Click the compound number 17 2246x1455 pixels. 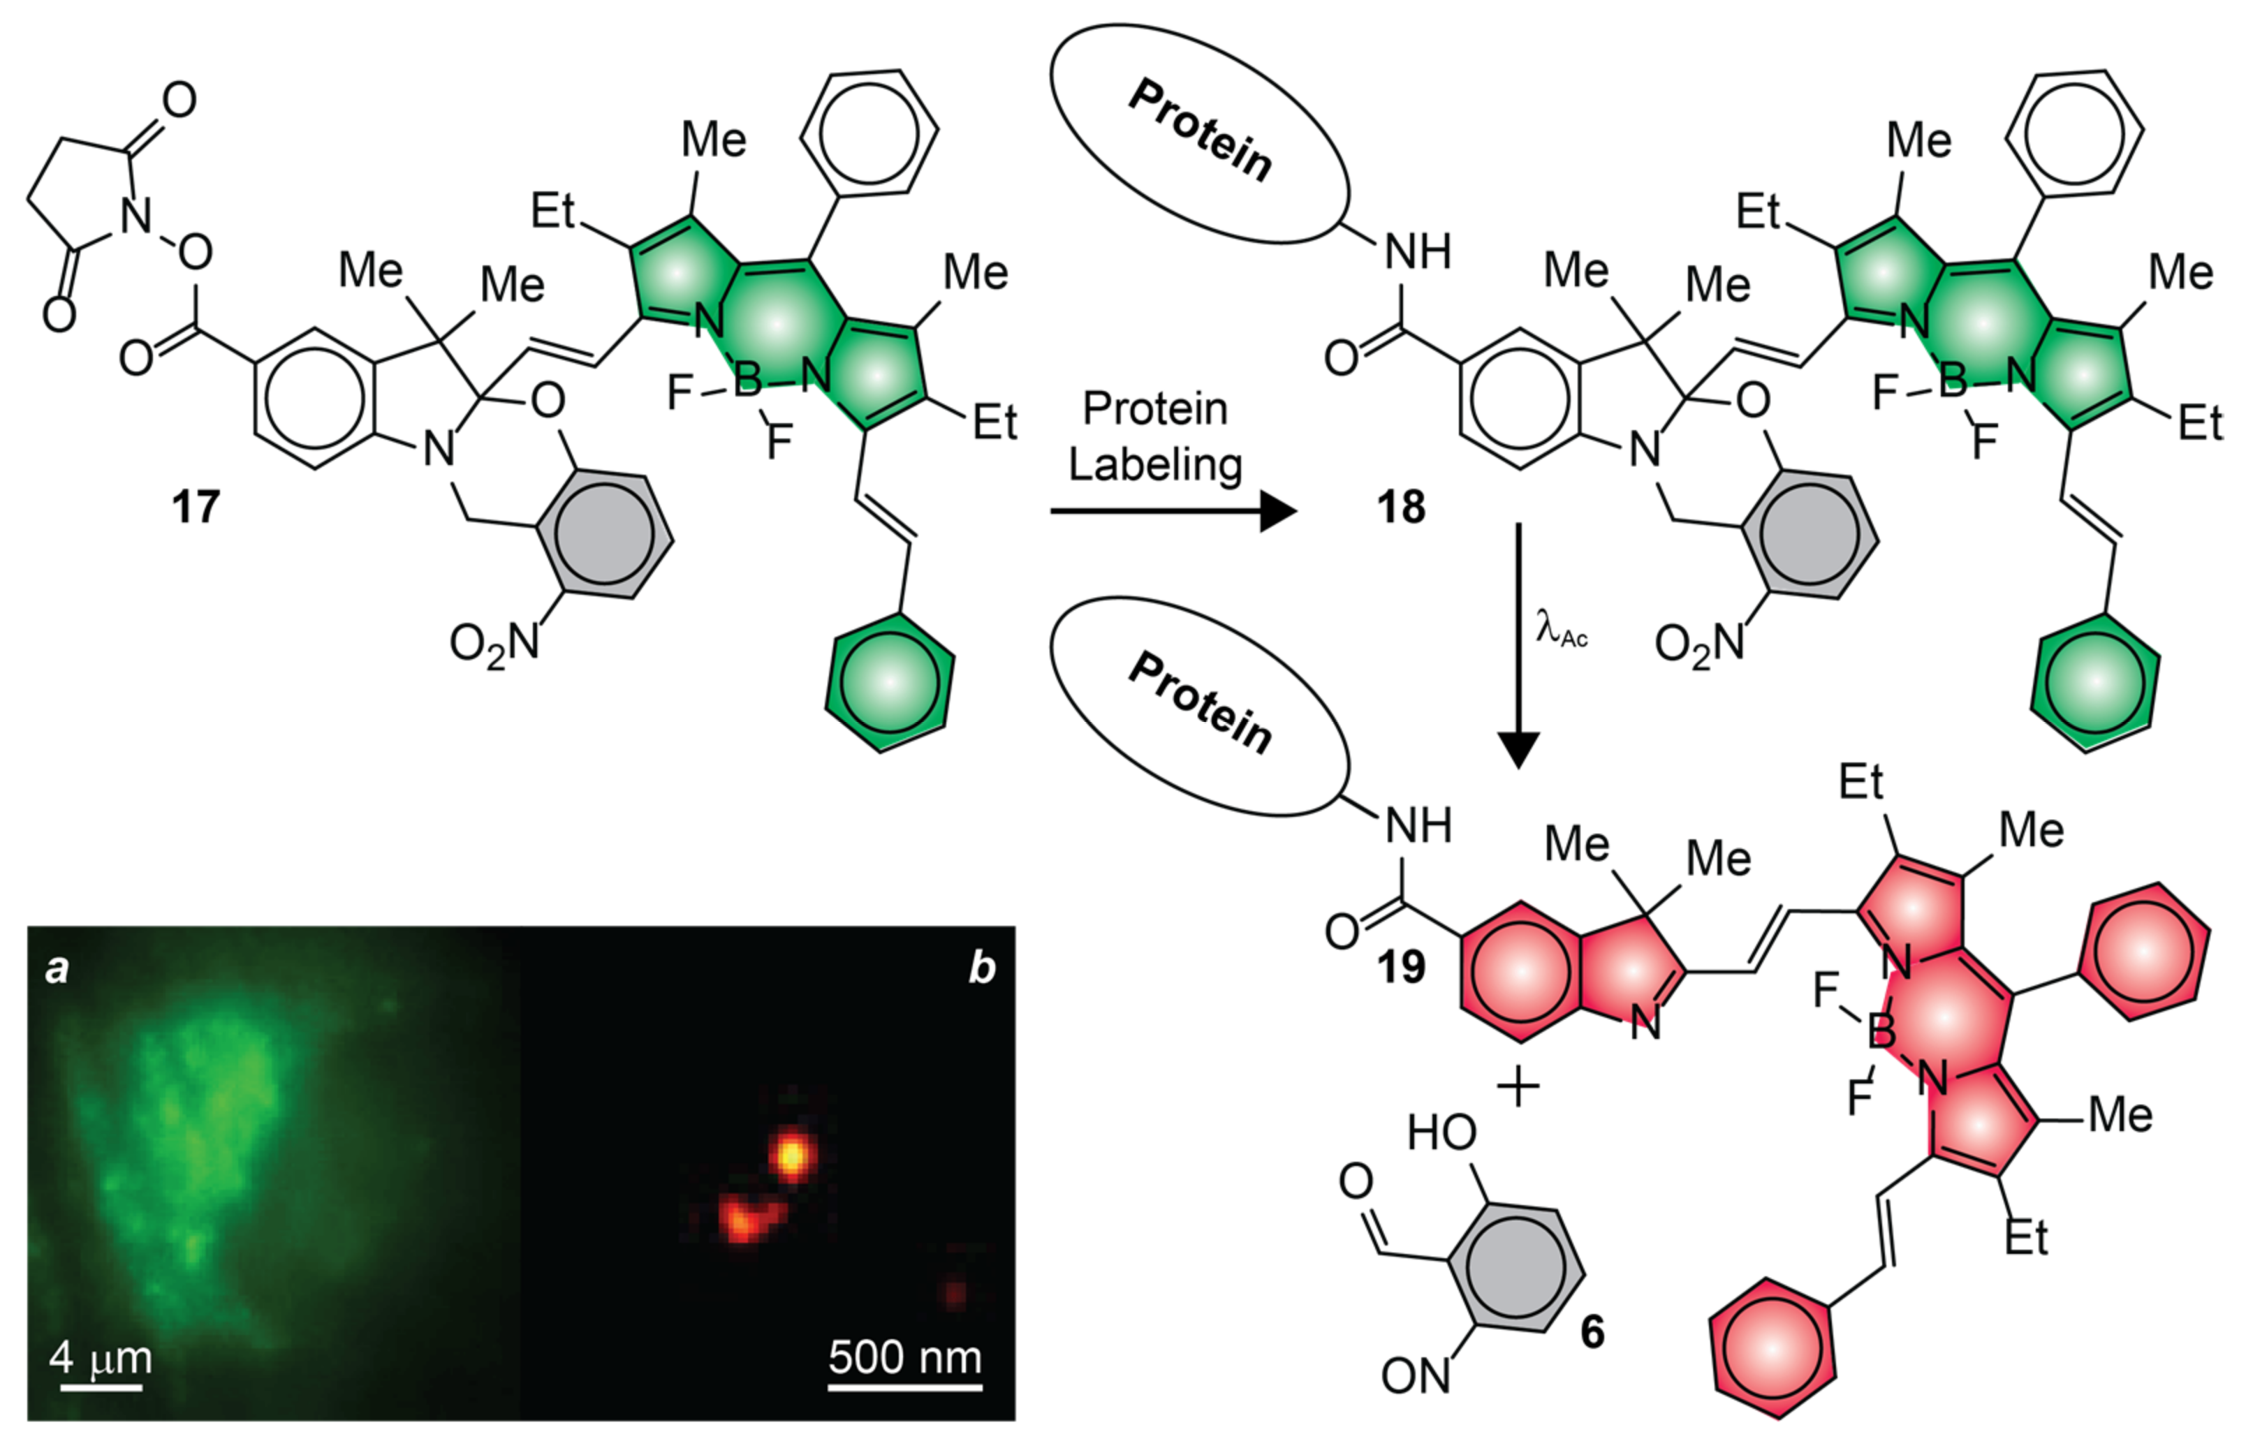(x=196, y=508)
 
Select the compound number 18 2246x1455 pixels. (x=1400, y=508)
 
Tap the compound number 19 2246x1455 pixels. (x=1400, y=967)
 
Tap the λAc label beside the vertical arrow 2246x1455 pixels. (x=1561, y=628)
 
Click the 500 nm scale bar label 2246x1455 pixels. (x=905, y=1357)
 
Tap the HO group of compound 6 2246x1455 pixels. (x=1441, y=1131)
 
